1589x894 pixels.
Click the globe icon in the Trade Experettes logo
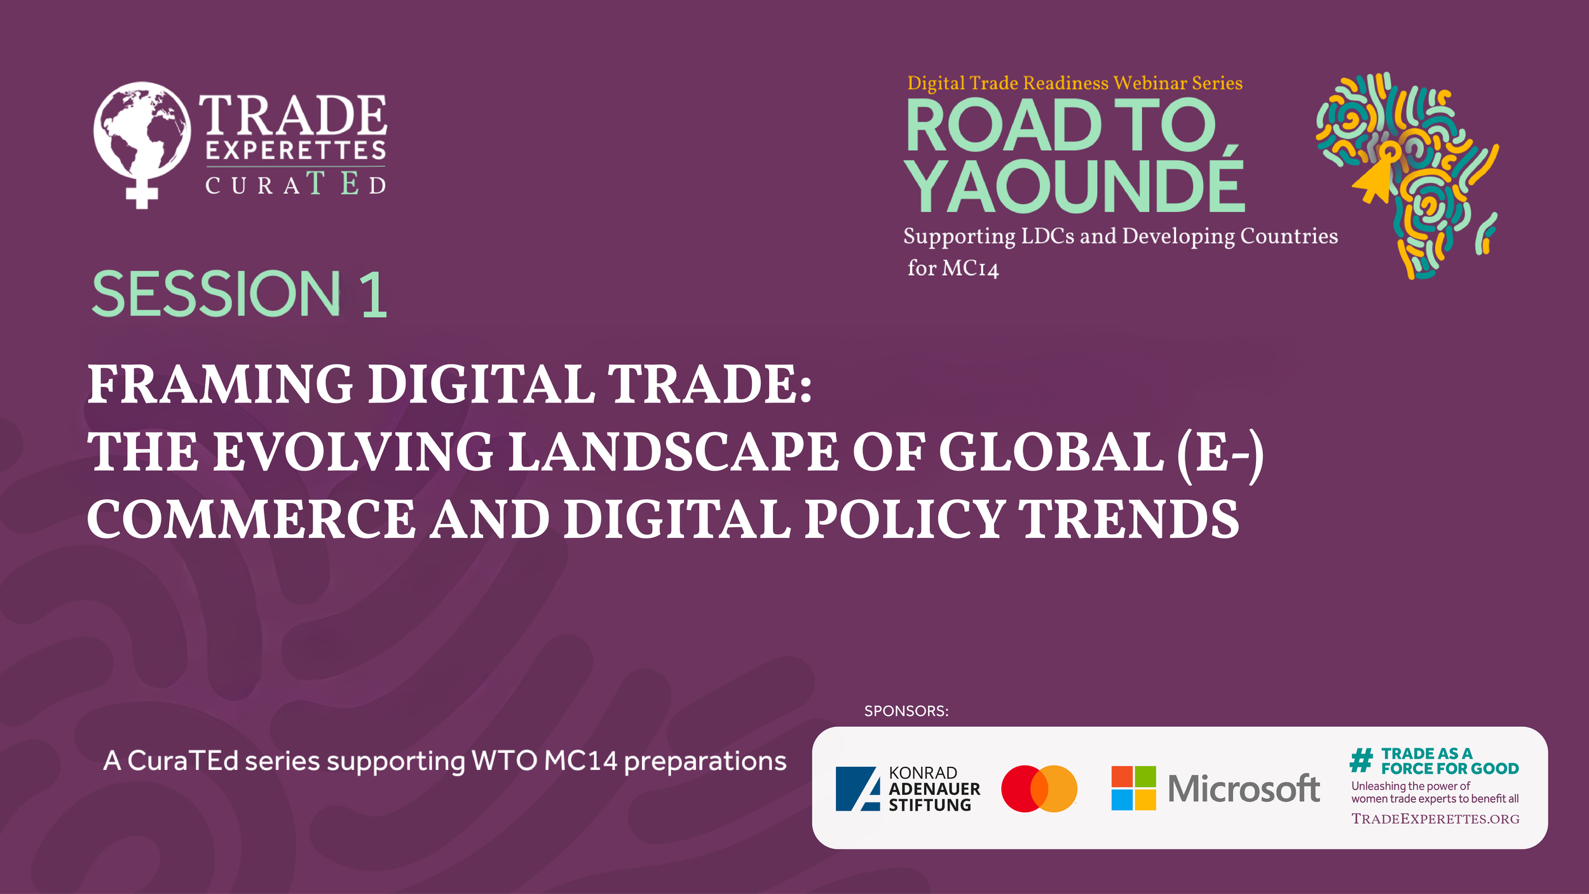coord(142,130)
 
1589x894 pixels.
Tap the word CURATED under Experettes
coord(296,184)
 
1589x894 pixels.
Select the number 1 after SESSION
coord(374,294)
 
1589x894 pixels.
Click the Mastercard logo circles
coord(1039,788)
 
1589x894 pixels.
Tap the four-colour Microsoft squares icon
coord(1133,788)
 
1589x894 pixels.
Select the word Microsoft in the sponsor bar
coord(1244,788)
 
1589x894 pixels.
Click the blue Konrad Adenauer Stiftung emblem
coord(857,788)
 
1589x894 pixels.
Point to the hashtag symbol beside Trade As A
coord(1361,760)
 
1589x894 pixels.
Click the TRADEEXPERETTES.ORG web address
coord(1435,819)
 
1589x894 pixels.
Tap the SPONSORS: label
coord(906,711)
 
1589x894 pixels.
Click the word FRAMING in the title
coord(220,385)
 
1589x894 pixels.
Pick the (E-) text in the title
coord(1220,452)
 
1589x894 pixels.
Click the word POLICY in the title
coord(904,519)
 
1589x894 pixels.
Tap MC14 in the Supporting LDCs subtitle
coord(970,268)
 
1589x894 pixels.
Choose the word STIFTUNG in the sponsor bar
coord(929,805)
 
